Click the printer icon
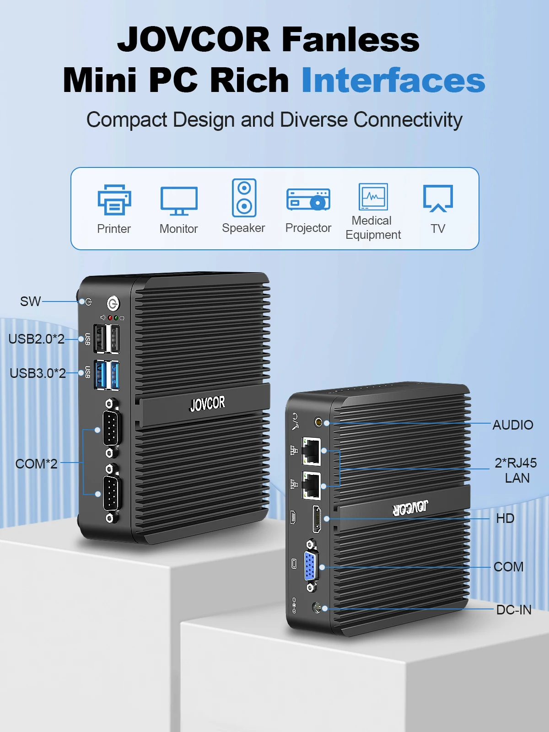click(114, 199)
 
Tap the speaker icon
click(244, 198)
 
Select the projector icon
click(308, 199)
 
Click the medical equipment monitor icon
click(373, 196)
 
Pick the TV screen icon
click(438, 199)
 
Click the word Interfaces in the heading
click(393, 80)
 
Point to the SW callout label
click(30, 301)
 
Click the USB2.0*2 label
click(36, 339)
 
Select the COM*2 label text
click(36, 463)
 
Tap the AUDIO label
click(513, 425)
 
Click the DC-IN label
click(514, 609)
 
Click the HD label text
click(505, 518)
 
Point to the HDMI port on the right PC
click(316, 519)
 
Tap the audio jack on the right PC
click(319, 422)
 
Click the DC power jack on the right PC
click(317, 607)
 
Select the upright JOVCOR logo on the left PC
click(207, 404)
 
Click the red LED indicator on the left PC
click(110, 318)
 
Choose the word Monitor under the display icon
click(179, 229)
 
